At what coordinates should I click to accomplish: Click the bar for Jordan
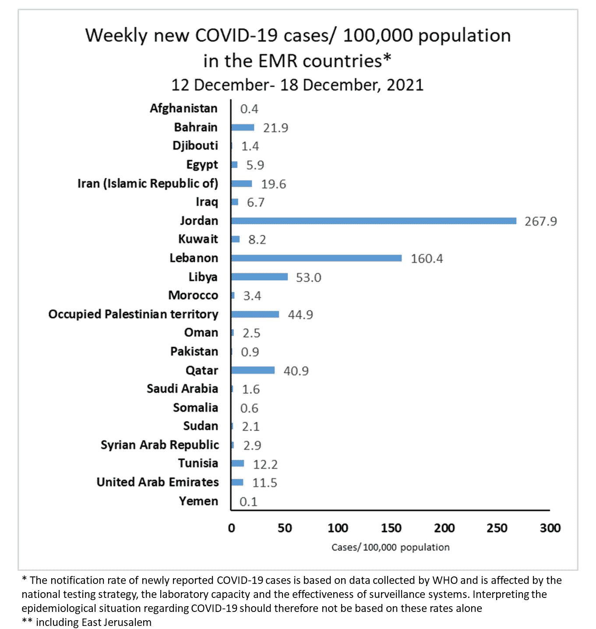coord(374,221)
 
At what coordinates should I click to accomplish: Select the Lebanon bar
coord(316,258)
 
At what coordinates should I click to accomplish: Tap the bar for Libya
coord(259,277)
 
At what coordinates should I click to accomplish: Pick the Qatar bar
coord(253,370)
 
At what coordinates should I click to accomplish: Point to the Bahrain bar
coord(243,127)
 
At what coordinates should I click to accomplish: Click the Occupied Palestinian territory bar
coord(255,314)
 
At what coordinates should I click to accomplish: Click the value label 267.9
coord(540,221)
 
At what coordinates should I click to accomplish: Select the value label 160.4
coord(427,258)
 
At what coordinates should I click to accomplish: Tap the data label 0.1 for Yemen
coord(248,502)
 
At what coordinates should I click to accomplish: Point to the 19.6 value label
coord(273,184)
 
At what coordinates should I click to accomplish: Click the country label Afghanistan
coord(183,108)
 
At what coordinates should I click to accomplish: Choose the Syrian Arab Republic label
coord(159,445)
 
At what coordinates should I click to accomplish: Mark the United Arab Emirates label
coord(158,482)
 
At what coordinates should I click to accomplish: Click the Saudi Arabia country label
coord(182,389)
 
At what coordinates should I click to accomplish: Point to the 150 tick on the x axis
coord(391,528)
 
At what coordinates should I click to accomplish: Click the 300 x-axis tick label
coord(550,528)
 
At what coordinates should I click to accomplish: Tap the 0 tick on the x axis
coord(232,528)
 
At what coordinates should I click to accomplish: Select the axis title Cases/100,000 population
coord(390,547)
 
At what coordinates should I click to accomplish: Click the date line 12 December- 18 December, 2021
coord(297,85)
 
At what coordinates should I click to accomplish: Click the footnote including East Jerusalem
coord(93,622)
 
